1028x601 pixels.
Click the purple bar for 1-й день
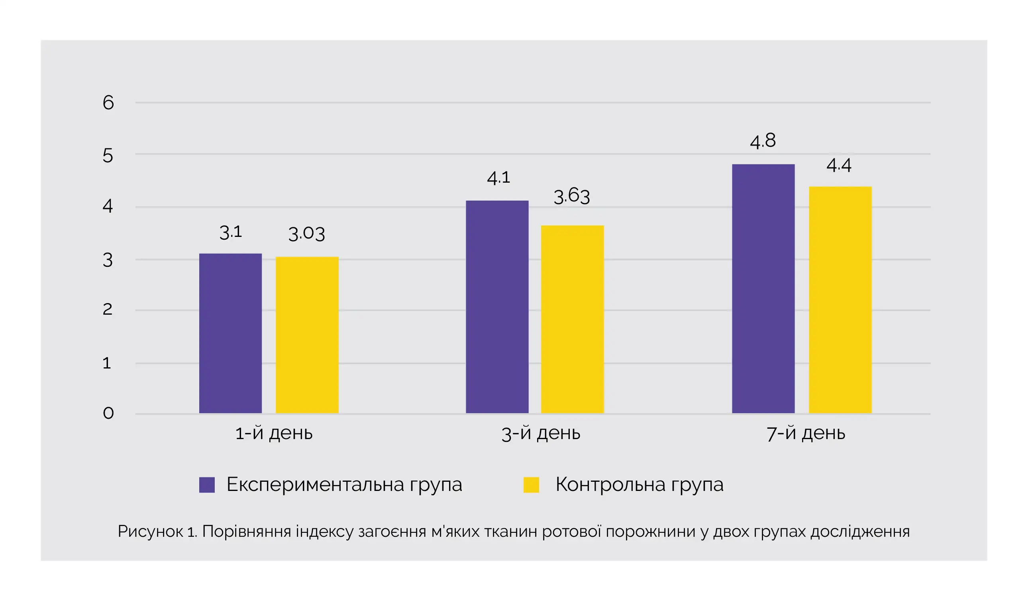[230, 333]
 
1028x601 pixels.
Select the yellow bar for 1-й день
[307, 335]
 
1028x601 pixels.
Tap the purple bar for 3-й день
[497, 307]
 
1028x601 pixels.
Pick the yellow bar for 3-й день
[572, 319]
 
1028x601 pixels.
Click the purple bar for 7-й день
[763, 289]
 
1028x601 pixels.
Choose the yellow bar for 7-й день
[840, 300]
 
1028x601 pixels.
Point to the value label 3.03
[306, 234]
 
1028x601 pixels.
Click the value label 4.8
[763, 141]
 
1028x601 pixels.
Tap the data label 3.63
[571, 196]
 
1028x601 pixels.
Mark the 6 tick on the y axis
[108, 102]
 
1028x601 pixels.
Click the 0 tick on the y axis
[108, 413]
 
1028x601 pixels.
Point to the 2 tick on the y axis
[107, 309]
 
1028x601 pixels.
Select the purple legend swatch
[207, 485]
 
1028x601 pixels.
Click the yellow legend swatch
[531, 485]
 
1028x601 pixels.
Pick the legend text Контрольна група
[639, 485]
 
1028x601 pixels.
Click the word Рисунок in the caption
[150, 532]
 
